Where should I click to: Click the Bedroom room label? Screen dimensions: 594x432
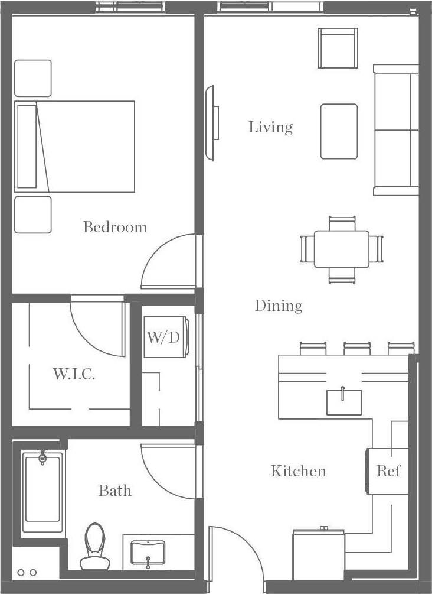click(x=114, y=227)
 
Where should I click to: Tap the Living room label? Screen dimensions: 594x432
click(x=270, y=127)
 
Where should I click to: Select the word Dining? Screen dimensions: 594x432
click(x=278, y=306)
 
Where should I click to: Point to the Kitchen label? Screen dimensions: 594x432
click(x=298, y=471)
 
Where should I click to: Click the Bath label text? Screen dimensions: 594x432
click(x=114, y=491)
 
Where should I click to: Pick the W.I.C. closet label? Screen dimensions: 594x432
click(x=74, y=374)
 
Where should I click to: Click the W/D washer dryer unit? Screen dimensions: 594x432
click(x=163, y=337)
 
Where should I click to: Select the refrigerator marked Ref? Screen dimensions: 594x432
click(x=388, y=471)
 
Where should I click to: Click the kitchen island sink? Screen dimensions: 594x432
click(x=344, y=402)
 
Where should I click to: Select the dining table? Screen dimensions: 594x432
click(x=342, y=249)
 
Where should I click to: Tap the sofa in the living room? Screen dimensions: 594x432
click(x=396, y=130)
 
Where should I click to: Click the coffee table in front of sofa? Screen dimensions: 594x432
click(x=339, y=131)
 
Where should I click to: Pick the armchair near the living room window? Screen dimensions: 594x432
click(x=338, y=48)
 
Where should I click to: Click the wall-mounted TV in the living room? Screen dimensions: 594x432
click(x=210, y=123)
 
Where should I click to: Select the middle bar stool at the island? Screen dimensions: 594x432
click(x=356, y=349)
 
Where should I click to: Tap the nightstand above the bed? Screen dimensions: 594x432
click(x=33, y=78)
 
